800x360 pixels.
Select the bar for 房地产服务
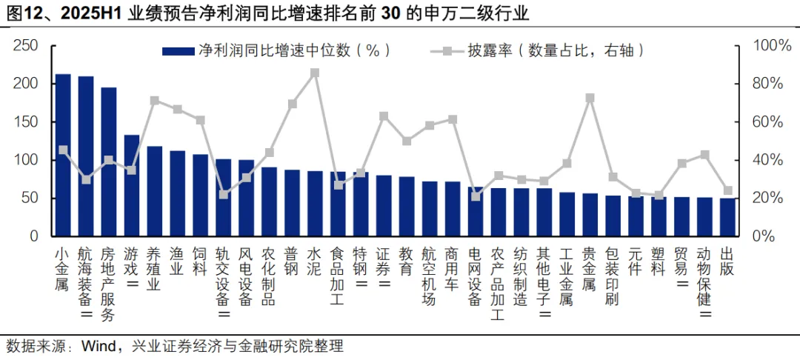tap(109, 162)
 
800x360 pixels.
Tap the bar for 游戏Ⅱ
tap(132, 186)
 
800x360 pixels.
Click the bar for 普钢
tap(292, 203)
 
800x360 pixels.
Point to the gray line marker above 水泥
tap(315, 73)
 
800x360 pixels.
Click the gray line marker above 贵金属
tap(590, 98)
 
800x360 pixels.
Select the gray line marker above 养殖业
tap(155, 100)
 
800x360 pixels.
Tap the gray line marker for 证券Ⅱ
tap(384, 116)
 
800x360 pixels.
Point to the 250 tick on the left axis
tap(26, 45)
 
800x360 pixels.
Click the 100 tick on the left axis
tap(26, 160)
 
